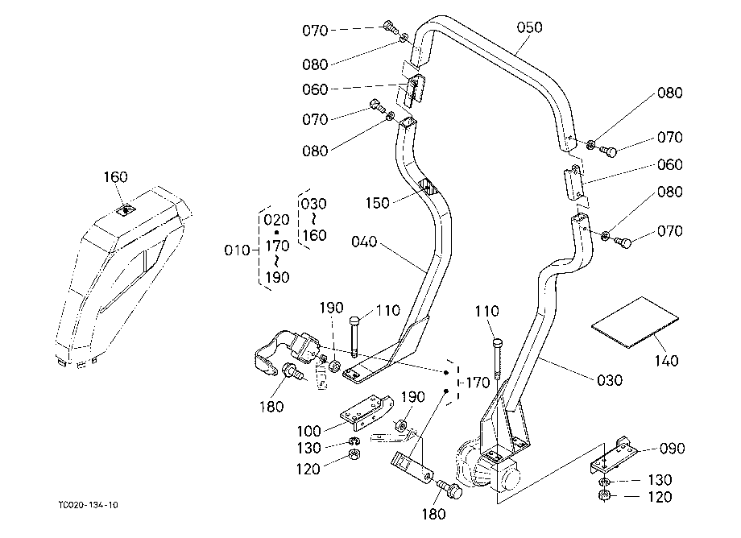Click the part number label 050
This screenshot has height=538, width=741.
529,27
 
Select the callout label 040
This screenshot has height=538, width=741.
364,242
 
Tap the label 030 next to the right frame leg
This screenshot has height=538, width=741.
610,380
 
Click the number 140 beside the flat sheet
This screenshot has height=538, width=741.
666,361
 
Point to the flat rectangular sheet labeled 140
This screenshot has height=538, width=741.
635,323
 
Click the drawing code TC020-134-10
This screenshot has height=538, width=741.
89,505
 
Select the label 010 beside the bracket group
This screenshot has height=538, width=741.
237,250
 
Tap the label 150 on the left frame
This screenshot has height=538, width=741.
377,203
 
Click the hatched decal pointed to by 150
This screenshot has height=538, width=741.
428,187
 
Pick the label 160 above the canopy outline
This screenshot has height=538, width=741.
115,177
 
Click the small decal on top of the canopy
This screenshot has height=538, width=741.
126,209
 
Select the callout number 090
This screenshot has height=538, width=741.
672,449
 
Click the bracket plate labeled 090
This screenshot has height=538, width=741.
612,457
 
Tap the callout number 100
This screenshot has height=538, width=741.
308,431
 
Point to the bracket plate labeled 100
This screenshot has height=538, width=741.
366,412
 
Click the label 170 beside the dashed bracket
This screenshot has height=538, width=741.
478,383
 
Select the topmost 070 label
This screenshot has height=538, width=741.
315,31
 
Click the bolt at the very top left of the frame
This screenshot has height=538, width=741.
389,26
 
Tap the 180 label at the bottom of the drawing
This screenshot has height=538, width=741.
433,514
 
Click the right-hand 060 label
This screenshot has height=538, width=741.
669,165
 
